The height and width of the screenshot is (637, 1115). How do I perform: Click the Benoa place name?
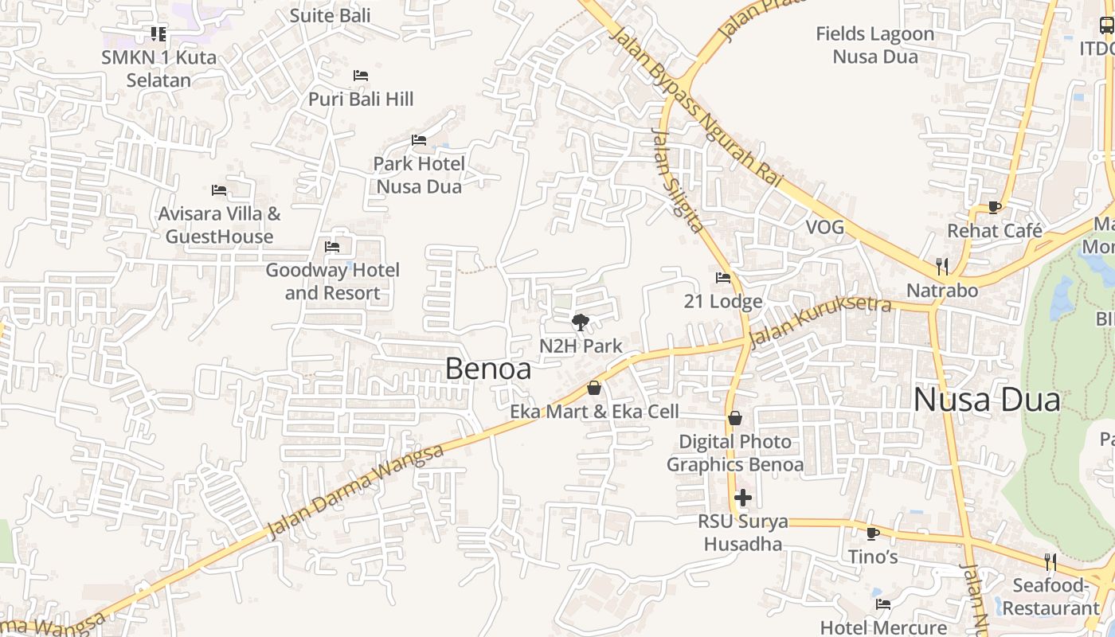point(487,369)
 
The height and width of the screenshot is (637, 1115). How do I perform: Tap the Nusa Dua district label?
point(986,400)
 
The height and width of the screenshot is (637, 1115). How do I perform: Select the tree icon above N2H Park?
point(581,322)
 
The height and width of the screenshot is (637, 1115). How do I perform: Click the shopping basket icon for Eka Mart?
point(593,388)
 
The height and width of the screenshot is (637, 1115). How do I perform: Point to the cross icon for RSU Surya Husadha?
point(742,498)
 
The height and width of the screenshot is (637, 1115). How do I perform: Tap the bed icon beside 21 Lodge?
point(723,278)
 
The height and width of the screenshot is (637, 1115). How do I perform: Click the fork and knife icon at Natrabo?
point(942,266)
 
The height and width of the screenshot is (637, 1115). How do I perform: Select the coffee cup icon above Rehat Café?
point(994,207)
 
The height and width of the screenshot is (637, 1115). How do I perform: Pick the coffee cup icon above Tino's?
point(872,533)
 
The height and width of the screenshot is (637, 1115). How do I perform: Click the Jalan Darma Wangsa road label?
point(355,491)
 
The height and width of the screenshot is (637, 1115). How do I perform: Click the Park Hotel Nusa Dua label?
point(419,175)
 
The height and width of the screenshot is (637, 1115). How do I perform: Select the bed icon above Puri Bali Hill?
point(361,76)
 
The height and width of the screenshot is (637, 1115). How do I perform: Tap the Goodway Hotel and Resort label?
point(332,281)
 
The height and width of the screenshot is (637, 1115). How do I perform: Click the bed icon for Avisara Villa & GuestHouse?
point(219,190)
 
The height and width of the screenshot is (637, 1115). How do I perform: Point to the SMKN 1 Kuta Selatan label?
point(158,68)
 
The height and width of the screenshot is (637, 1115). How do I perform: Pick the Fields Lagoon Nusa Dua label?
point(874,45)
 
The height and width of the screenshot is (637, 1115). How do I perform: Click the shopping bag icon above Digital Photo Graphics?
point(734,418)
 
